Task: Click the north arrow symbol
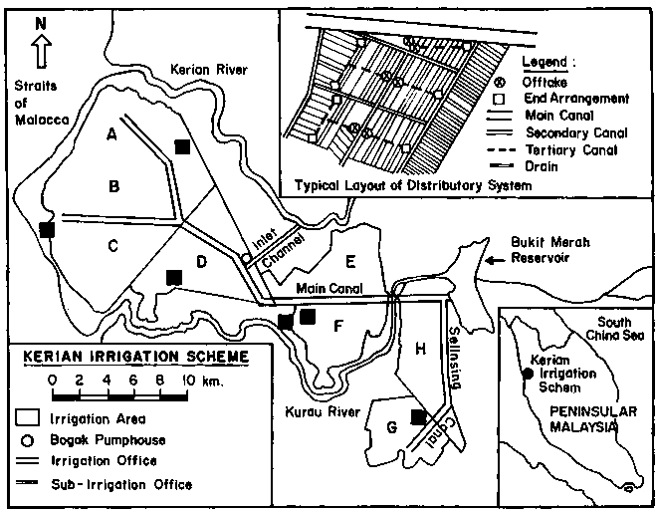(41, 51)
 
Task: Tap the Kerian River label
(209, 69)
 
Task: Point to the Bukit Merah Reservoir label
(550, 250)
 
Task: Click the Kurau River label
(323, 411)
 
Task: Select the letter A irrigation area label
(111, 134)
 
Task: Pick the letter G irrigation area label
(391, 427)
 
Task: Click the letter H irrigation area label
(420, 348)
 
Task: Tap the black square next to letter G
(418, 417)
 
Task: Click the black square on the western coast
(47, 230)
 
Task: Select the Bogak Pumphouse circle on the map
(246, 257)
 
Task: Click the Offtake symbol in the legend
(501, 83)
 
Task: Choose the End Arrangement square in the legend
(500, 100)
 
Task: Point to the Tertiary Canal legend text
(571, 149)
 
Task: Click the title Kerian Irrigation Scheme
(136, 357)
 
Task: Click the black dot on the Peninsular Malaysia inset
(528, 373)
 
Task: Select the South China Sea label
(615, 329)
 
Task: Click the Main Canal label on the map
(329, 289)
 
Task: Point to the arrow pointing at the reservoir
(495, 261)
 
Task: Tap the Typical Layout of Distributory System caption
(413, 185)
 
